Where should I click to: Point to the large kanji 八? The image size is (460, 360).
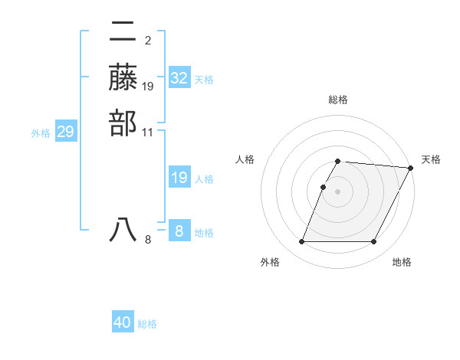click(x=123, y=229)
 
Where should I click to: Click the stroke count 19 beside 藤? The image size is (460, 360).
click(x=148, y=86)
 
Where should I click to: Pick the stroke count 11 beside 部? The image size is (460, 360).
click(x=148, y=132)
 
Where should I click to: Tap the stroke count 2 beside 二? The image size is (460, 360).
click(x=148, y=40)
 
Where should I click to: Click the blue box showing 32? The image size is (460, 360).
click(x=179, y=77)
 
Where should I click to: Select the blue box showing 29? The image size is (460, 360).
click(x=66, y=132)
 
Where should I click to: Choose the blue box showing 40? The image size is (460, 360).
click(x=123, y=322)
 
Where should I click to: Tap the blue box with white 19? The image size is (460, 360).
click(x=179, y=178)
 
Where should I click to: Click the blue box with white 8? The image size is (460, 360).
click(x=179, y=231)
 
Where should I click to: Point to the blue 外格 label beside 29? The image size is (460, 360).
click(x=41, y=133)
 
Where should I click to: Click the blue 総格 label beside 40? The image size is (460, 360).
click(x=147, y=324)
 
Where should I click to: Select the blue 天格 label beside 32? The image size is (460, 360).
click(x=204, y=79)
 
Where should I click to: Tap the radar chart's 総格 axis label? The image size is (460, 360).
click(x=338, y=100)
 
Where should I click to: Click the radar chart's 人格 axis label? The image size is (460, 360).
click(x=245, y=159)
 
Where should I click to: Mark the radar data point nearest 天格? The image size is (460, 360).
click(x=411, y=168)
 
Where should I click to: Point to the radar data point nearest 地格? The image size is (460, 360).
click(x=374, y=241)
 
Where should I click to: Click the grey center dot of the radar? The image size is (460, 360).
click(x=338, y=191)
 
